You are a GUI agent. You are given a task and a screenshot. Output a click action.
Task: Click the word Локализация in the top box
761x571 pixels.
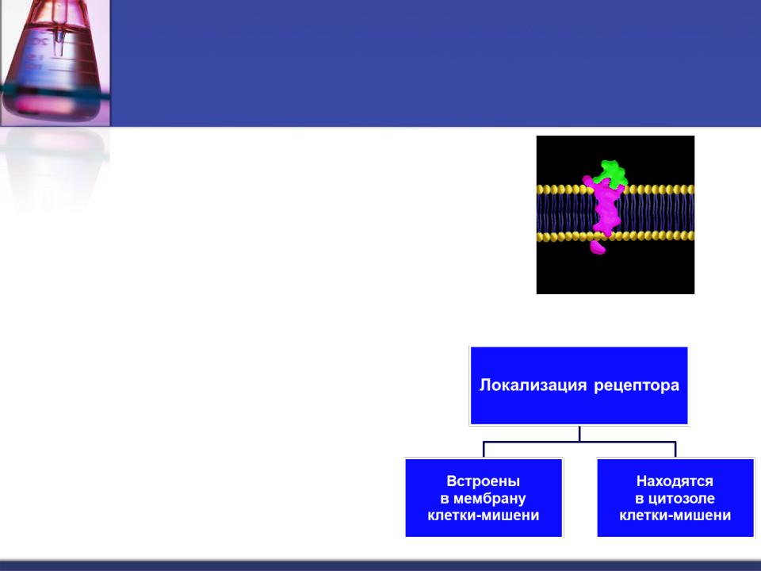click(533, 385)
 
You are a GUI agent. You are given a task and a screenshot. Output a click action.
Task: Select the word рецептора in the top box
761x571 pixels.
click(637, 386)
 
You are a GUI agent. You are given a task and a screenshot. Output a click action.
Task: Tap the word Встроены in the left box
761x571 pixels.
click(483, 481)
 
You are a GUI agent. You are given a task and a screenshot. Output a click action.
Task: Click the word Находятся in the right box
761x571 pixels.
click(675, 481)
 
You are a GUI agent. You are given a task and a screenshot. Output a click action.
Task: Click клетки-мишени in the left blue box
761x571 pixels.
click(484, 515)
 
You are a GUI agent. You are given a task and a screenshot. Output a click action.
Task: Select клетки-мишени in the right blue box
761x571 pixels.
click(675, 515)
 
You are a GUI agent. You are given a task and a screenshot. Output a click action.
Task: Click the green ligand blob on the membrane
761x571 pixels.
click(611, 174)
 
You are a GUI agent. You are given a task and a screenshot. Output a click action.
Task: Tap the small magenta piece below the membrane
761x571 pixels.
click(598, 247)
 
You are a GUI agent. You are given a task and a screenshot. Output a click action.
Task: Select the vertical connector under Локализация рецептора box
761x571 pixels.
click(579, 434)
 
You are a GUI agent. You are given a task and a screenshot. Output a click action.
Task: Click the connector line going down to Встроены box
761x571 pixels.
click(484, 450)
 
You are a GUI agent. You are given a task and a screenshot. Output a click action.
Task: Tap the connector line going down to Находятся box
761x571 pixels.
click(675, 450)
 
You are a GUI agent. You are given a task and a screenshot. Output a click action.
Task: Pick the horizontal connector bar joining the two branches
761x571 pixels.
click(579, 442)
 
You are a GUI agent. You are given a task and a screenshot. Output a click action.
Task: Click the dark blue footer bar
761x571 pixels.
click(380, 565)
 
